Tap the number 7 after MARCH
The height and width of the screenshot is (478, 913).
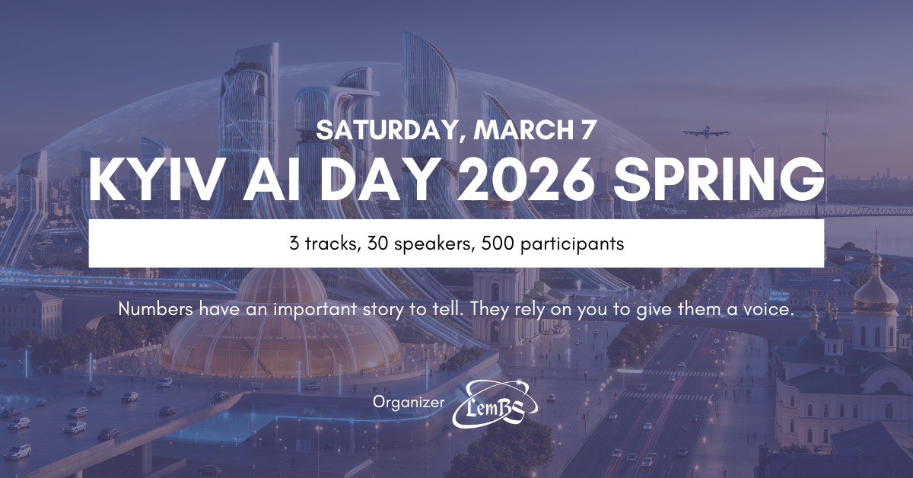(x=587, y=129)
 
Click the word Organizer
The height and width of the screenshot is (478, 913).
(x=409, y=401)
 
